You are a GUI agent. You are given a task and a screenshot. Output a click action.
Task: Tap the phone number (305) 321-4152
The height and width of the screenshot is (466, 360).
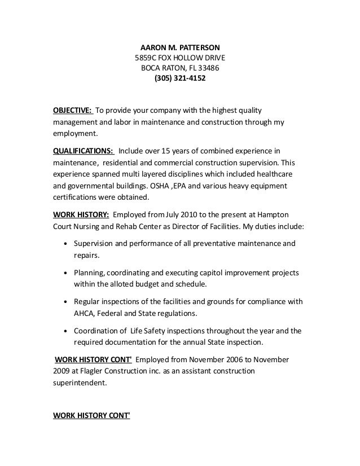tap(180, 78)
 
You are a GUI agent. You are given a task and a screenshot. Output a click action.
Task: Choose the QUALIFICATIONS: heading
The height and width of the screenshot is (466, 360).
tap(84, 151)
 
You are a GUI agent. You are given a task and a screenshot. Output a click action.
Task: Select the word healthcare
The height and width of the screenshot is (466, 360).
tap(270, 174)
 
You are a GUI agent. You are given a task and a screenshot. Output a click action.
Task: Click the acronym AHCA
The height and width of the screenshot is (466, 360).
tap(84, 313)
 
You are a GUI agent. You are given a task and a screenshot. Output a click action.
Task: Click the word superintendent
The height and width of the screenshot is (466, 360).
tap(78, 383)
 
